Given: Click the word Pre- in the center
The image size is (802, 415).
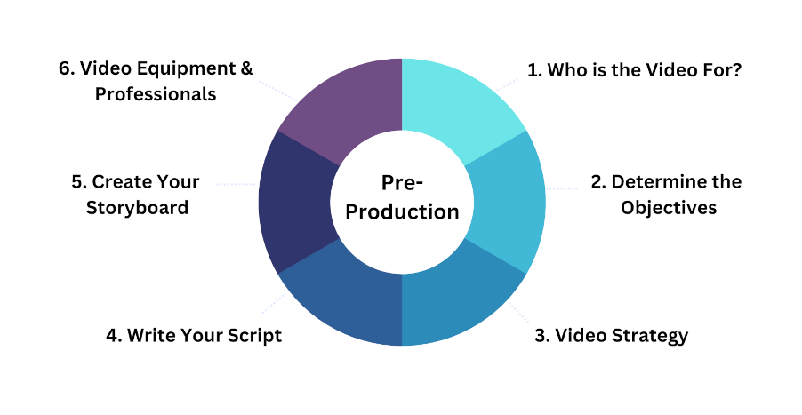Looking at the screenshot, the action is point(403,183).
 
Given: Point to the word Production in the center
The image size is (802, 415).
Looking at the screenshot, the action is point(403,211).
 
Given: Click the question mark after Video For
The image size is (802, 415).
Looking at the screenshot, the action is point(736,70).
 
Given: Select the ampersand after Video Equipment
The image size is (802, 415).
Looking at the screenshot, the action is point(246,68).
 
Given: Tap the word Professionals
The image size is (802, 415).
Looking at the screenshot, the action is point(156,94).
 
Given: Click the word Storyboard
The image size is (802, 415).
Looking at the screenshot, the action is point(137,208).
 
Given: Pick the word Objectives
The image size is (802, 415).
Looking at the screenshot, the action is point(669,208).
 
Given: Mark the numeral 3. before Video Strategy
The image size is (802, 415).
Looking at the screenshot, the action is point(542,335).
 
